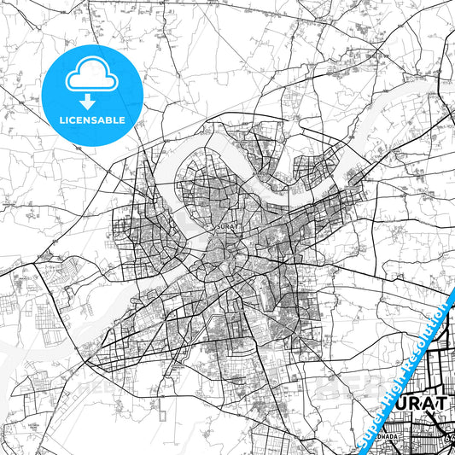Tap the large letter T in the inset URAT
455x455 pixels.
click(443, 402)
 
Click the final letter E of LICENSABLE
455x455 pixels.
click(122, 121)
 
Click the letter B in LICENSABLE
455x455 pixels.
click(108, 121)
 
